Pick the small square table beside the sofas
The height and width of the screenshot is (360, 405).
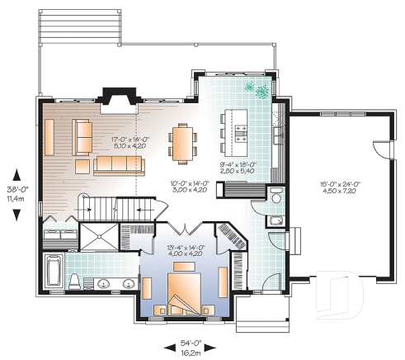[x=82, y=165]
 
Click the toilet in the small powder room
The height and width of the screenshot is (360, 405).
[x=275, y=198]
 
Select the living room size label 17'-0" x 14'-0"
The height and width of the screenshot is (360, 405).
[x=130, y=144]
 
